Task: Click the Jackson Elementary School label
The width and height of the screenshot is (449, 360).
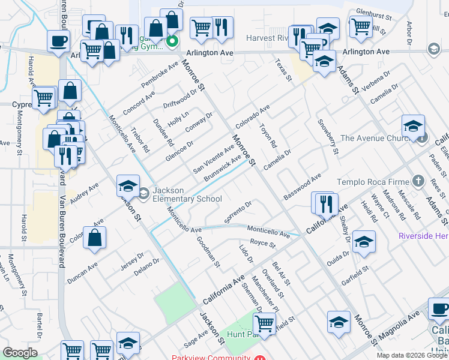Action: coord(187,195)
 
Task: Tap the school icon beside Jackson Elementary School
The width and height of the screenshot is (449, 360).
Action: coord(128,187)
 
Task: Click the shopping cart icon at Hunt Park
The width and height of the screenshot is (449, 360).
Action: coord(264,324)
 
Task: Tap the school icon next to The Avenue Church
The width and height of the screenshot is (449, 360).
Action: coord(413,127)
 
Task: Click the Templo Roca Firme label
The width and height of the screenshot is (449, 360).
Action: coord(373,181)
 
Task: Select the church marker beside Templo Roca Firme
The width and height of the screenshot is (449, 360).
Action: coord(418,181)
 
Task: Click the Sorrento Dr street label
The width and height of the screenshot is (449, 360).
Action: coord(238,209)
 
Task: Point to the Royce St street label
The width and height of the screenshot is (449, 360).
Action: coord(262,244)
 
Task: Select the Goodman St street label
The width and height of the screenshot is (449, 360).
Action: coord(209,251)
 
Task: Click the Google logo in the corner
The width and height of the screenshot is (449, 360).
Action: coord(20,353)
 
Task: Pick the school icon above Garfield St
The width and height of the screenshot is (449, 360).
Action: coord(363,242)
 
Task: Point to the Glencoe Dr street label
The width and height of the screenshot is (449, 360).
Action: coord(180,152)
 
